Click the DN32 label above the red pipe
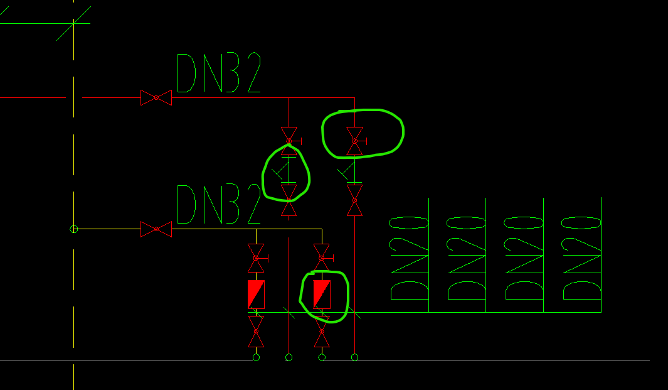(218, 73)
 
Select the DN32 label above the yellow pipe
(218, 204)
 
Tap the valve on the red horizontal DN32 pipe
(156, 98)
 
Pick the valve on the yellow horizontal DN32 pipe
(156, 229)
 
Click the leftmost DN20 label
(409, 258)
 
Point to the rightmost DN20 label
(581, 258)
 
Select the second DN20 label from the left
(467, 258)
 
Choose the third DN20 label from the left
(524, 258)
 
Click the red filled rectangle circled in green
(322, 295)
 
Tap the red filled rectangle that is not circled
(256, 295)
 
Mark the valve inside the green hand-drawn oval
(355, 141)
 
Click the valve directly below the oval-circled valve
(355, 200)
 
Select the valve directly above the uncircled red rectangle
(256, 258)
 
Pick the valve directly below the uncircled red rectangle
(256, 332)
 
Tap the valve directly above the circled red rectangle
(322, 258)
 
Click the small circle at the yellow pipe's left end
(74, 229)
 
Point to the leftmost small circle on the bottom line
(256, 357)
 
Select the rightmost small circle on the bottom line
(354, 357)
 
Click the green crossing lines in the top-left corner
(74, 23)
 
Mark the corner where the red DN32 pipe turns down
(354, 98)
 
